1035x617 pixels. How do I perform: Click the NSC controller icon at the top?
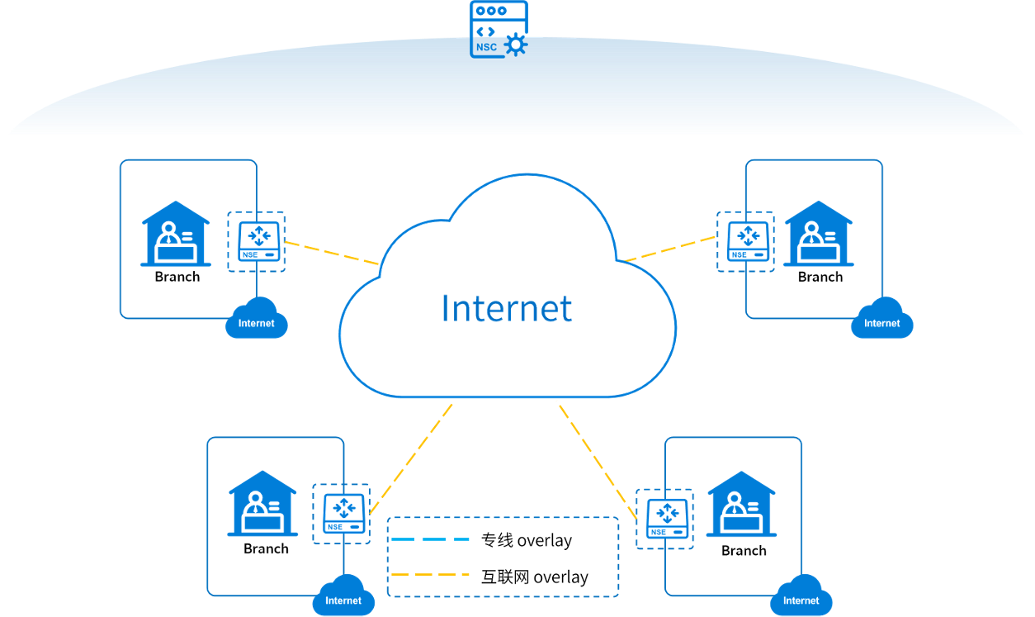click(x=499, y=30)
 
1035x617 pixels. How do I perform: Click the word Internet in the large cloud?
click(x=507, y=308)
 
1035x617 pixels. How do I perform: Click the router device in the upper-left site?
click(x=257, y=240)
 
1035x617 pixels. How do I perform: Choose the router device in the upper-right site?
click(x=746, y=240)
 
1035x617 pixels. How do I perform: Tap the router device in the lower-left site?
click(x=342, y=513)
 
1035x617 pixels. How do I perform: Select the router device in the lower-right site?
click(x=664, y=519)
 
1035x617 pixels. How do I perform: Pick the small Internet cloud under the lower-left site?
click(x=343, y=597)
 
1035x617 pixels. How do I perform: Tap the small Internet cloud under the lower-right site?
click(x=801, y=597)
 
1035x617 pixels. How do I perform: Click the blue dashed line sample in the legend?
click(x=429, y=539)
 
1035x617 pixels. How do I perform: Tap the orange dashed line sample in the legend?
click(x=429, y=574)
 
